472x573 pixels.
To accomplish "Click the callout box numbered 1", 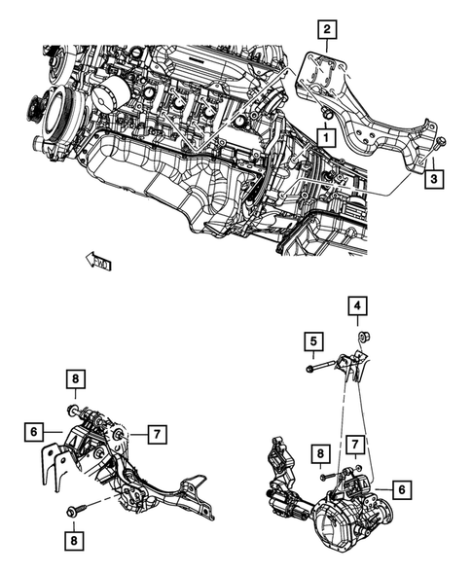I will click(x=319, y=139).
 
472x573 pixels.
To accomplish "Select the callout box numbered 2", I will click(x=328, y=29).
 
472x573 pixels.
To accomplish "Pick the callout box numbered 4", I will click(x=358, y=308).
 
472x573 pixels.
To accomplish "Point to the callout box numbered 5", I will click(x=311, y=341).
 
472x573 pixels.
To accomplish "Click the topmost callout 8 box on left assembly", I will click(x=75, y=378).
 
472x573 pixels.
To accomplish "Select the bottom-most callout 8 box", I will click(x=75, y=537).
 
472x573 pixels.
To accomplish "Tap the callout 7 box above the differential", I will click(x=357, y=445).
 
